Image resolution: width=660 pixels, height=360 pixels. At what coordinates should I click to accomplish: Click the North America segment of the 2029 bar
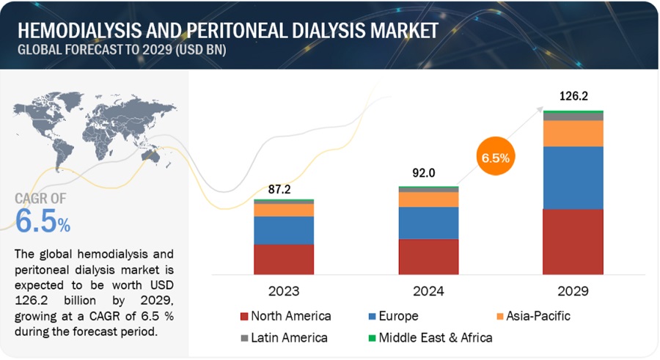click(573, 241)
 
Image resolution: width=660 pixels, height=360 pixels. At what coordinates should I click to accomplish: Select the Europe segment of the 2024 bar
click(428, 223)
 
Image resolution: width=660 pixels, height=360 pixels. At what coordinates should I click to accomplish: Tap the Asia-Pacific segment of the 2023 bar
click(284, 210)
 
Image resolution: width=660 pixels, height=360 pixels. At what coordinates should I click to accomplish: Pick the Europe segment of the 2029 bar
click(573, 177)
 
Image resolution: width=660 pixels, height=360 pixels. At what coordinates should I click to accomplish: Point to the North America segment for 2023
click(284, 259)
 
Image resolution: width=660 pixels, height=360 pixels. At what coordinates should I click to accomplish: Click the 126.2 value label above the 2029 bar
click(573, 96)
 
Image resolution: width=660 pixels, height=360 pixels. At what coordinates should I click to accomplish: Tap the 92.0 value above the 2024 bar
click(428, 174)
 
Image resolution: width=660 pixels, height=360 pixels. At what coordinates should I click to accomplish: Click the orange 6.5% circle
click(496, 157)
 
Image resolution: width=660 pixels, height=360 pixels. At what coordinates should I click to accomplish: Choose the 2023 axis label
click(284, 290)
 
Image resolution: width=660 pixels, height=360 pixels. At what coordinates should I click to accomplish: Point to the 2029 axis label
click(573, 290)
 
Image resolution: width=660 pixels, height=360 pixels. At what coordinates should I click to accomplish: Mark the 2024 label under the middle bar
click(428, 290)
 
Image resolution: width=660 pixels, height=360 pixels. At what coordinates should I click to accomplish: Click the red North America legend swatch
click(243, 317)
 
